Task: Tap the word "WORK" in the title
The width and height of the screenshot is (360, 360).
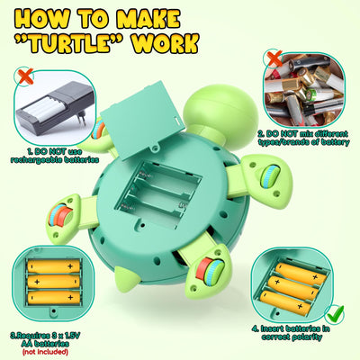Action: [165, 43]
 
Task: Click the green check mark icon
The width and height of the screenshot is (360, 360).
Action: [336, 314]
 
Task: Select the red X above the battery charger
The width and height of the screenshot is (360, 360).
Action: [26, 76]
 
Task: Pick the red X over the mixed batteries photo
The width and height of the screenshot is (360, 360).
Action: [274, 58]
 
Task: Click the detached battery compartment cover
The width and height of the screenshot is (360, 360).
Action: [142, 119]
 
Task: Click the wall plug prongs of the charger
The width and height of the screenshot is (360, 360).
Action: [81, 118]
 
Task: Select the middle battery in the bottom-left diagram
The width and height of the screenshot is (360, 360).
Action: [53, 282]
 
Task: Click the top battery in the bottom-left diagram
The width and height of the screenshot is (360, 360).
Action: [53, 266]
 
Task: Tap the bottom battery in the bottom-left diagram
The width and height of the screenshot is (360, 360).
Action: [54, 298]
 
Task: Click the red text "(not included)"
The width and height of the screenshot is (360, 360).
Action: [45, 352]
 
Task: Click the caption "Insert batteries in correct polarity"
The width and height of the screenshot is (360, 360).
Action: [291, 333]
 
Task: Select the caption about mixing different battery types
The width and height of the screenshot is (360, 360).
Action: [304, 138]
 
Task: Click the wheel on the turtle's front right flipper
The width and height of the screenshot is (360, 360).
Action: [270, 176]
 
